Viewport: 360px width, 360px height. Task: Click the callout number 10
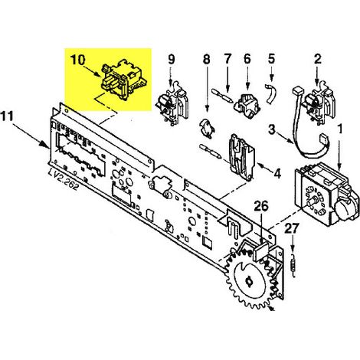pos(77,61)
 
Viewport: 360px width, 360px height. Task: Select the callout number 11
pos(7,116)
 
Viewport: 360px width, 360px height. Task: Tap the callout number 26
pos(261,207)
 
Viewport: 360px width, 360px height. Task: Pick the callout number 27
pos(292,229)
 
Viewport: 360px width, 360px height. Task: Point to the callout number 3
pos(272,129)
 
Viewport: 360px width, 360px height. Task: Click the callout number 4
pos(277,174)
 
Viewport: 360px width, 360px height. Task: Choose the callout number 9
pos(172,59)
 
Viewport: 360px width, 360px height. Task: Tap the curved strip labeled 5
pos(270,93)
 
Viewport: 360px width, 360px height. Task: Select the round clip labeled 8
pos(208,129)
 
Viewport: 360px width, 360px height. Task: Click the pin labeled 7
pos(222,95)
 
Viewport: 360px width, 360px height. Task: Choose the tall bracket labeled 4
pos(241,157)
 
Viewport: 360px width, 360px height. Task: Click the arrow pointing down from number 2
pos(317,76)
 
